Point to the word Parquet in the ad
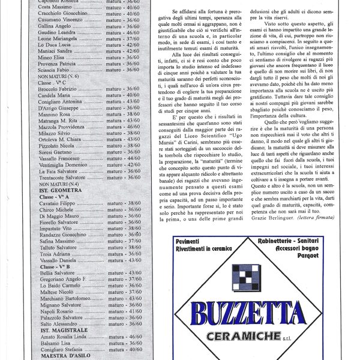(x=307, y=254)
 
